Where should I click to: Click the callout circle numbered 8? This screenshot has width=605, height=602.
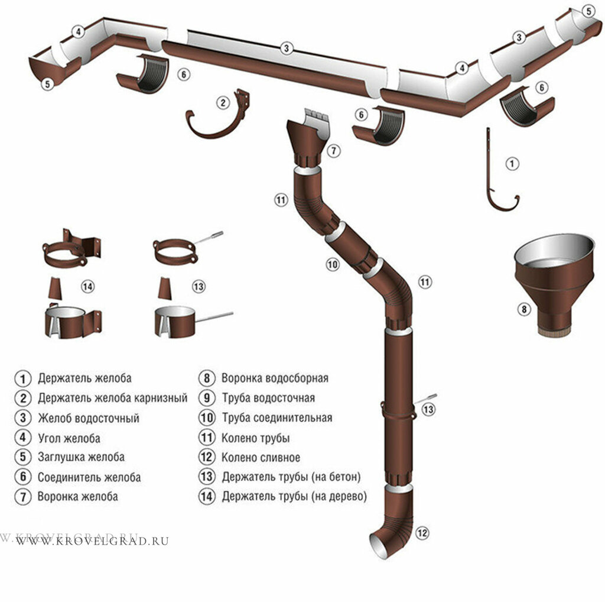[x=522, y=308]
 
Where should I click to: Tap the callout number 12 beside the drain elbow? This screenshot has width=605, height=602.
[x=421, y=533]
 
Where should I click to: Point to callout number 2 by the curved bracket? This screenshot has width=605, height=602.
[x=223, y=103]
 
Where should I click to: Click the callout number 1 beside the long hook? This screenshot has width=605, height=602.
[x=512, y=163]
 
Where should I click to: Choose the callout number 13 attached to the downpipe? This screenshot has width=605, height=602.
[x=428, y=409]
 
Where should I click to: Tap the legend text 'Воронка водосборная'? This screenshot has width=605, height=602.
[x=275, y=378]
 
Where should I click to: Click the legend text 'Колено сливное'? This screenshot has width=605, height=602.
[x=261, y=457]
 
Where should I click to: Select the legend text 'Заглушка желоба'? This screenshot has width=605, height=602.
[x=81, y=457]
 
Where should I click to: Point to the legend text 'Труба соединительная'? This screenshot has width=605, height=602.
[x=277, y=417]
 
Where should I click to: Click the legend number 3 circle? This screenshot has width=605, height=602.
[x=22, y=417]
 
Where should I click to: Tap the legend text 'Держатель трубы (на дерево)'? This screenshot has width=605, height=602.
[x=294, y=496]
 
